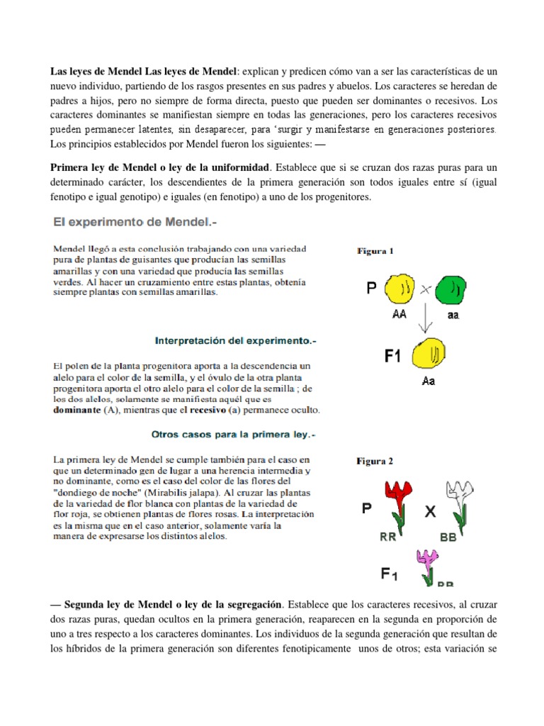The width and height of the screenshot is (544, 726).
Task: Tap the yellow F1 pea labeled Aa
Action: [428, 354]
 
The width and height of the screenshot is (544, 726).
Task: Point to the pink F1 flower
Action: [429, 564]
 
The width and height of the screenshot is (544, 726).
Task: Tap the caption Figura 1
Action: [375, 251]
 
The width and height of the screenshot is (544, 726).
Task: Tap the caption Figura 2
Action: [375, 462]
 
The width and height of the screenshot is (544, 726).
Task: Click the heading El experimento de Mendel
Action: [135, 223]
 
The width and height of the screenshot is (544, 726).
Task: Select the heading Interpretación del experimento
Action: [235, 341]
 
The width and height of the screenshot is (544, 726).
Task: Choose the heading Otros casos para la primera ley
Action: [233, 433]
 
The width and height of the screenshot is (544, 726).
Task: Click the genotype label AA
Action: [398, 314]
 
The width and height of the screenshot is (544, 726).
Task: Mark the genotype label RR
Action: [387, 537]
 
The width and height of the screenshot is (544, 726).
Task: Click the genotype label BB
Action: [448, 537]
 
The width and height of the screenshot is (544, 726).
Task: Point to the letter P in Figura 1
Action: [371, 289]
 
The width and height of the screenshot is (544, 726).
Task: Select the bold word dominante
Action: [78, 410]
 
